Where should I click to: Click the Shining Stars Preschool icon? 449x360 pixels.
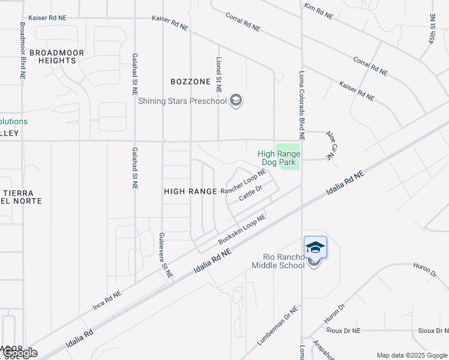tap(236, 100)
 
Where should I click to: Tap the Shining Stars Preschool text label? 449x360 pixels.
tap(182, 101)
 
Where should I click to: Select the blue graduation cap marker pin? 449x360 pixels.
tap(315, 247)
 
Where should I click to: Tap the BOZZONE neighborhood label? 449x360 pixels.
tap(190, 82)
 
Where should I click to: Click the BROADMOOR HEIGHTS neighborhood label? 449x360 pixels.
tap(53, 56)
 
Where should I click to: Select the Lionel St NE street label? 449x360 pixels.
tap(219, 75)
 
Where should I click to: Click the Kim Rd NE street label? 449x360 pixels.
tap(318, 12)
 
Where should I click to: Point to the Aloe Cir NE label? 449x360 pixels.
tap(330, 145)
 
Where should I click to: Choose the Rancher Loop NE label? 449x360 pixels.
tap(243, 181)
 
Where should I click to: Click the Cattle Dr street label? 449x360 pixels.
tap(251, 193)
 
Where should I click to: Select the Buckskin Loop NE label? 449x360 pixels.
tap(242, 230)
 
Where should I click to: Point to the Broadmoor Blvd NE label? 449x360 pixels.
tap(23, 51)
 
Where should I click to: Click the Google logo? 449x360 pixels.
tap(21, 353)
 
